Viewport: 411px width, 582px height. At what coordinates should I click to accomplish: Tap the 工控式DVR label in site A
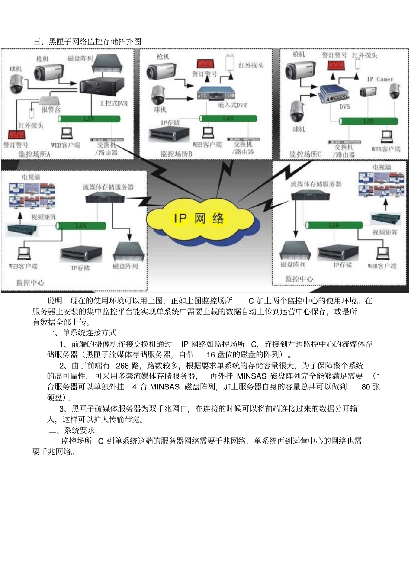(113, 103)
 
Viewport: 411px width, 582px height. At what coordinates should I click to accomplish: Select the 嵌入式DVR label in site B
(232, 105)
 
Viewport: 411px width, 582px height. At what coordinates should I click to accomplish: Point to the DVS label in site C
(344, 106)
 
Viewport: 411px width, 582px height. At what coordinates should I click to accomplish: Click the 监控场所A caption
(35, 154)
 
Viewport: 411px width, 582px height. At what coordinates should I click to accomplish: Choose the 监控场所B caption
(176, 154)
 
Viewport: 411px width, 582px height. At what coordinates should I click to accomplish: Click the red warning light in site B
(206, 64)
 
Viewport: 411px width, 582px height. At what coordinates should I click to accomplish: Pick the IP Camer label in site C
(380, 79)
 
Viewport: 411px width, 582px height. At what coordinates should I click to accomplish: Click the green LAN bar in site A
(89, 119)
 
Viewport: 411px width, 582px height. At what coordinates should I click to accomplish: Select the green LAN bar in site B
(228, 118)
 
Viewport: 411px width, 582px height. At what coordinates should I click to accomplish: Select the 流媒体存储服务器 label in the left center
(108, 187)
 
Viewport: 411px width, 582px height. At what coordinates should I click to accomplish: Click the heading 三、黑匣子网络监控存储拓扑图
(87, 42)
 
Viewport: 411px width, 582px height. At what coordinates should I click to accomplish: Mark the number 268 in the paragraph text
(122, 366)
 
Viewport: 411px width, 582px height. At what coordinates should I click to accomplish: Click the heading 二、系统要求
(72, 430)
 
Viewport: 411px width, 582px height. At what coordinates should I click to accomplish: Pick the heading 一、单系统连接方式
(82, 332)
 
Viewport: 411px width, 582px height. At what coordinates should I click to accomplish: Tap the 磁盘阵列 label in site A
(80, 58)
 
